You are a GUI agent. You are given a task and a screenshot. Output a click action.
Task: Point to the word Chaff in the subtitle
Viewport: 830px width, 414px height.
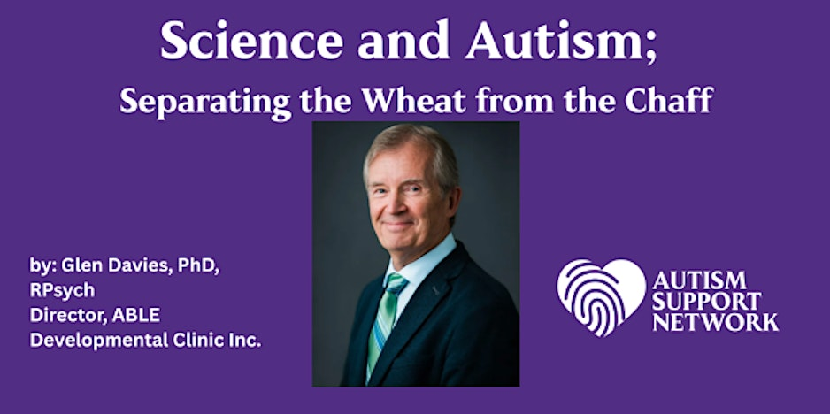[x=669, y=101]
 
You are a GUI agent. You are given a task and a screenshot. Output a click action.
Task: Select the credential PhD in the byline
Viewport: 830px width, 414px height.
[x=198, y=266]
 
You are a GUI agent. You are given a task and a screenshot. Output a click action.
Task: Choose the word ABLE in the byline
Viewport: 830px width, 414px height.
[x=136, y=316]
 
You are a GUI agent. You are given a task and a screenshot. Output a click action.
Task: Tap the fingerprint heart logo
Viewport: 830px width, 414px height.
[x=602, y=297]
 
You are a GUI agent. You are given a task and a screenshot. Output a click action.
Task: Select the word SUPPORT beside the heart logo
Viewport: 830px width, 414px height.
[x=706, y=302]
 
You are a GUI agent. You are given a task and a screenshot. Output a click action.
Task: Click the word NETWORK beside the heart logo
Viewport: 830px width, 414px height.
[x=716, y=322]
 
